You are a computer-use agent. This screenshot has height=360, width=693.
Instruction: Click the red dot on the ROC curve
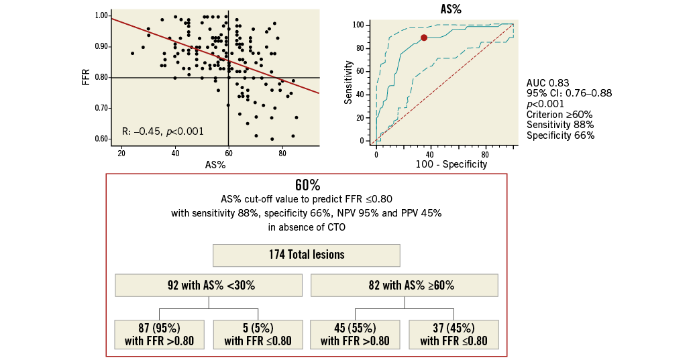423,38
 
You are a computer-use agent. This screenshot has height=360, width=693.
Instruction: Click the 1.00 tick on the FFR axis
102,15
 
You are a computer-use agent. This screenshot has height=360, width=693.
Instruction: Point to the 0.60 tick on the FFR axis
102,139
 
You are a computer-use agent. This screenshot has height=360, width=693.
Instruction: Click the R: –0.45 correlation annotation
163,131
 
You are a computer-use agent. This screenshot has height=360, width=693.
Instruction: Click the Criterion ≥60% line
559,114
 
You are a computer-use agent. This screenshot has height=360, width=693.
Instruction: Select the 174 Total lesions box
306,255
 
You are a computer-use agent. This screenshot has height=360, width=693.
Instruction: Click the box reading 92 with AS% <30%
207,285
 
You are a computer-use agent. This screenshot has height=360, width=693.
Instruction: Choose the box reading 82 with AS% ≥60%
404,285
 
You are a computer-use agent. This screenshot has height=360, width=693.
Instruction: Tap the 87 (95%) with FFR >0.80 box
159,334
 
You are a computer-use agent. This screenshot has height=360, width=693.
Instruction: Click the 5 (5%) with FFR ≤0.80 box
258,334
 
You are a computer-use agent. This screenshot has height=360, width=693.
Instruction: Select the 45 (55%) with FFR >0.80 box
355,334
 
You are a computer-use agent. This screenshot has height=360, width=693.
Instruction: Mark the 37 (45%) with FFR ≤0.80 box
454,334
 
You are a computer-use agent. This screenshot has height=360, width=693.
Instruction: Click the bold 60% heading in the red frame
306,185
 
